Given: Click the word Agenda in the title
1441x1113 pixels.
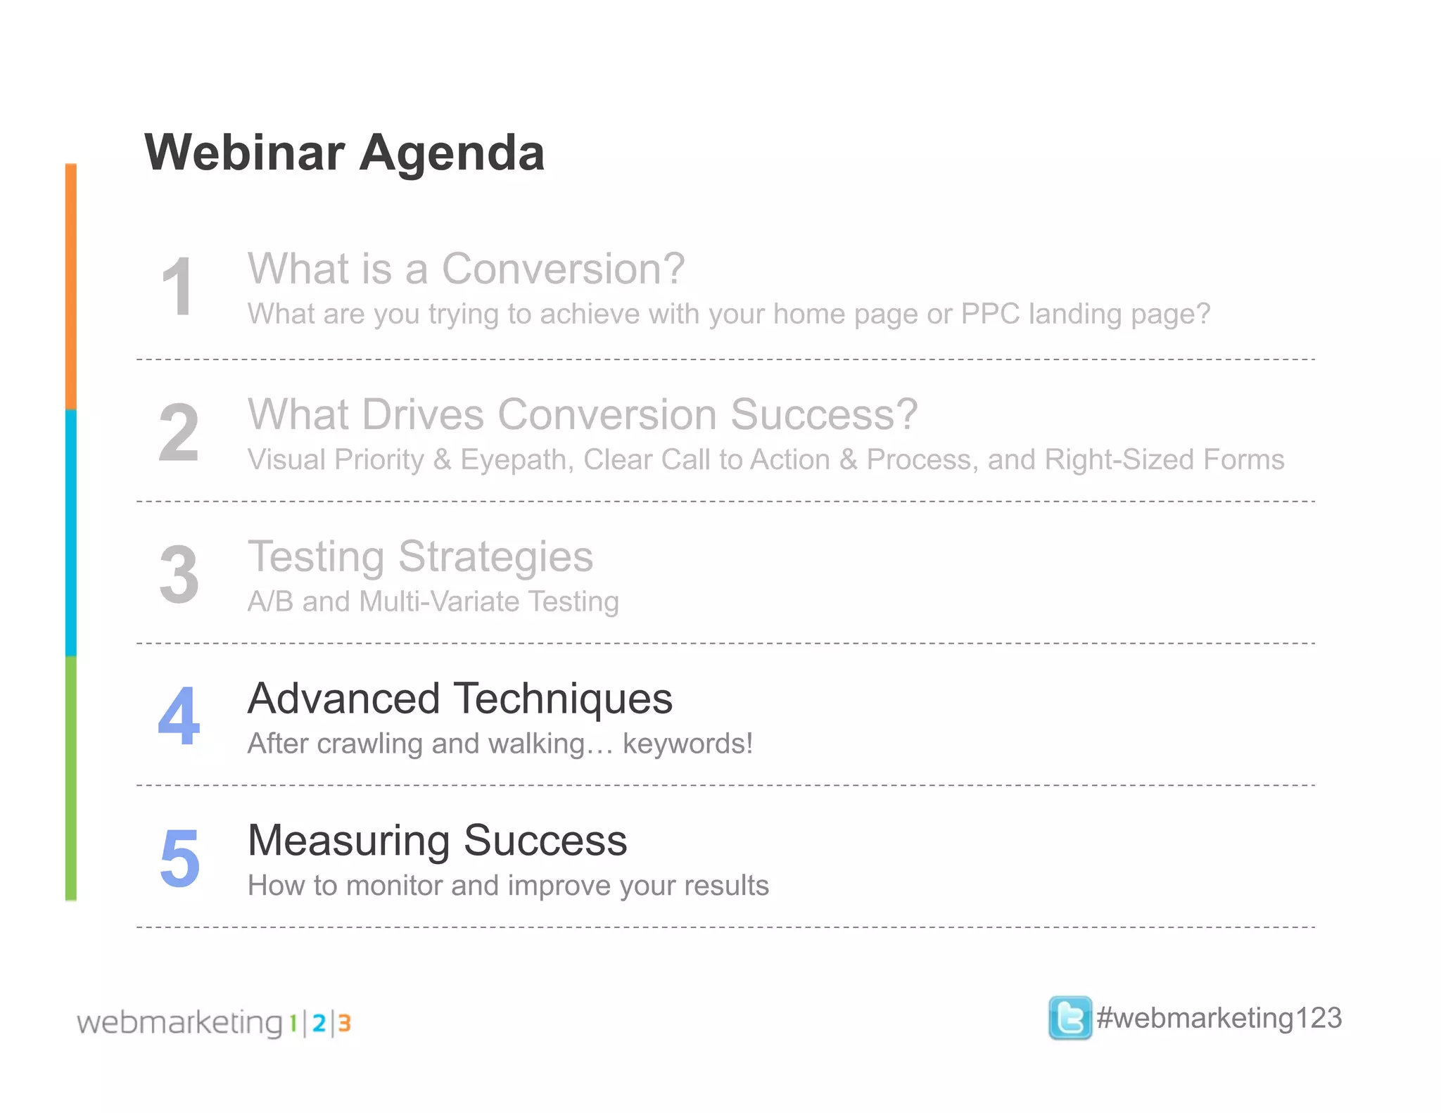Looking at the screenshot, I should pyautogui.click(x=452, y=153).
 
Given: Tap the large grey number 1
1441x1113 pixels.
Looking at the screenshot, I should pyautogui.click(x=177, y=287).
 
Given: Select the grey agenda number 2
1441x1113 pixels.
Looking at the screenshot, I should pyautogui.click(x=179, y=433).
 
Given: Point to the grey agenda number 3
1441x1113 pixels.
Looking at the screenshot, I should pyautogui.click(x=179, y=575).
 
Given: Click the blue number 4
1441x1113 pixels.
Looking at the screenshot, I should pyautogui.click(x=179, y=716).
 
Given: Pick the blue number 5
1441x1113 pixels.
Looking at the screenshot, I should pyautogui.click(x=179, y=858).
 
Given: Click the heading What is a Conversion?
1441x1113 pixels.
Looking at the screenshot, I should pyautogui.click(x=466, y=269).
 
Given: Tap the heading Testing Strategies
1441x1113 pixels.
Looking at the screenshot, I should pyautogui.click(x=420, y=556).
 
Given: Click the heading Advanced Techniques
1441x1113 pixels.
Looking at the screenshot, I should pyautogui.click(x=460, y=699).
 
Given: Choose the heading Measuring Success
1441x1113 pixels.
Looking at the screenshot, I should pyautogui.click(x=437, y=841).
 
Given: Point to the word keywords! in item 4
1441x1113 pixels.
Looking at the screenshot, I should pyautogui.click(x=687, y=744).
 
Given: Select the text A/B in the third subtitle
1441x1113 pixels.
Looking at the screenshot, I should pyautogui.click(x=270, y=602).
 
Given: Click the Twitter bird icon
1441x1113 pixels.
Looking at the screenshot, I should pyautogui.click(x=1069, y=1018).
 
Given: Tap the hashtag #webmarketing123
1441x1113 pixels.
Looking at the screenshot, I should pyautogui.click(x=1219, y=1018).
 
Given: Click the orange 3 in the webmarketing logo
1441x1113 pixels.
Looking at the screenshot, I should pyautogui.click(x=344, y=1023).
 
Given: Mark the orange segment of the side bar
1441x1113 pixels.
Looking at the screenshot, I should pyautogui.click(x=70, y=287).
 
